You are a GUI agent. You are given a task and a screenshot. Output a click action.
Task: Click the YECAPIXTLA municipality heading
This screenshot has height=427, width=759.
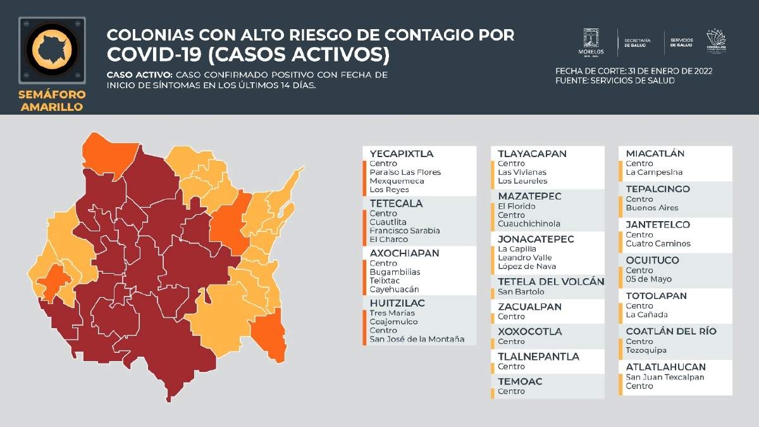(402, 154)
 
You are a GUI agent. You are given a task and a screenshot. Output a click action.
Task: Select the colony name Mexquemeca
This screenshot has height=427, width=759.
(397, 181)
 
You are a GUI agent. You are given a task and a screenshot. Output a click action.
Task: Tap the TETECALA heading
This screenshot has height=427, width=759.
(396, 204)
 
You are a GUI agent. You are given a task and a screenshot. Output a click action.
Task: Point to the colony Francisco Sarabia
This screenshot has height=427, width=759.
(404, 231)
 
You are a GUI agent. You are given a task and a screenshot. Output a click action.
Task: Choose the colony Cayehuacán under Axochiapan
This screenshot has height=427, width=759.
(394, 290)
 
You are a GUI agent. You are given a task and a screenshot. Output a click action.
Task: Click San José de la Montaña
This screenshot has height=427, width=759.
(417, 340)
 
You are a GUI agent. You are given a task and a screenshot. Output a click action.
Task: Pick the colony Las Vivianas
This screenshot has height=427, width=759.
(522, 172)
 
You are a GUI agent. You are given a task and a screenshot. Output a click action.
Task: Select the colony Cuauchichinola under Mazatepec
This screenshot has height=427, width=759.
(529, 224)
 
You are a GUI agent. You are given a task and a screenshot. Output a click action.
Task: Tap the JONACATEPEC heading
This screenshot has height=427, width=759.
(536, 239)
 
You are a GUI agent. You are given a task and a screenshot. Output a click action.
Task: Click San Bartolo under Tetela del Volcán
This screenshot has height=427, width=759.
(521, 292)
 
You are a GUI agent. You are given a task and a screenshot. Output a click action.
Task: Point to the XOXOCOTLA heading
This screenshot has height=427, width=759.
(529, 332)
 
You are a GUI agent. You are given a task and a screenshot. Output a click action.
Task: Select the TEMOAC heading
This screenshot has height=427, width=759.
(520, 381)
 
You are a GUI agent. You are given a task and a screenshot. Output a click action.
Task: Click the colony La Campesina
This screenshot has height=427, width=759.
(654, 172)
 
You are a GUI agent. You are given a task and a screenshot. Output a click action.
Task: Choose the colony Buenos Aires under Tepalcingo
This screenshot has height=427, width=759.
(651, 208)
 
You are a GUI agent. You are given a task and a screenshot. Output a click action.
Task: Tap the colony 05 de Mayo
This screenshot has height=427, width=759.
(649, 279)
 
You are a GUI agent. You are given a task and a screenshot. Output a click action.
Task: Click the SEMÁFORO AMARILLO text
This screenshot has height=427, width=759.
(52, 101)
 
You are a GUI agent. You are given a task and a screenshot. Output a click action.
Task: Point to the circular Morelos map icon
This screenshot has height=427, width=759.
(52, 49)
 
